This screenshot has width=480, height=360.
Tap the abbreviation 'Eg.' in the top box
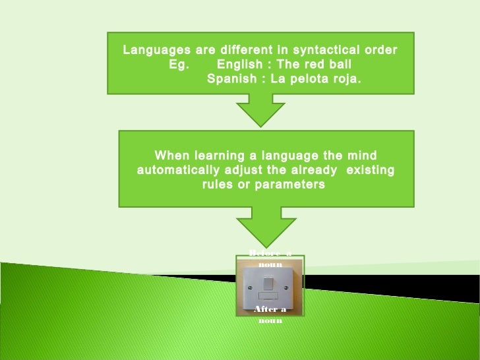pyautogui.click(x=179, y=65)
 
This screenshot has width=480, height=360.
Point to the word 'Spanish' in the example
pyautogui.click(x=230, y=80)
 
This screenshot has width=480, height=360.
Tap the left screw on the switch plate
pyautogui.click(x=249, y=289)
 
